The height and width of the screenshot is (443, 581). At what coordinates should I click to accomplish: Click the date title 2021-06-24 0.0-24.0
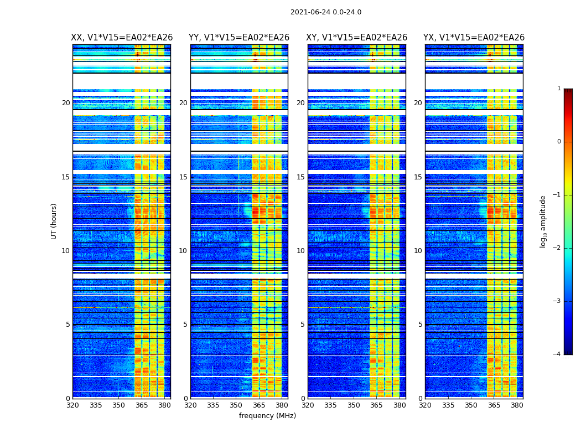pos(325,12)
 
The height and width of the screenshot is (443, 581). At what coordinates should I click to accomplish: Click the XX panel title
pos(122,38)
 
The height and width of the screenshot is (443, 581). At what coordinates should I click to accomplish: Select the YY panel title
pos(239,38)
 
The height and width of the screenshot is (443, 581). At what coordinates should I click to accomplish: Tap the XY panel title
pos(357,38)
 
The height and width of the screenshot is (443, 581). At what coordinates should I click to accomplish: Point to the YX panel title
pos(474,38)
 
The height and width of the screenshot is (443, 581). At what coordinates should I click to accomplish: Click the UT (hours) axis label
pos(54,221)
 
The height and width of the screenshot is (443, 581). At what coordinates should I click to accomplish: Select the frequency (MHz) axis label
pos(267,416)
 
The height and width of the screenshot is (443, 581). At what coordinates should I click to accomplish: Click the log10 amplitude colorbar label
pos(543,221)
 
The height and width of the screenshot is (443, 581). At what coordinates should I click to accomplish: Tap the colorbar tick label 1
pos(558,89)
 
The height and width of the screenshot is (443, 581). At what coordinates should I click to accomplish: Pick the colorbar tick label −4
pos(557,354)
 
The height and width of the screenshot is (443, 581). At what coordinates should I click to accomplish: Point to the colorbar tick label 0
pos(558,142)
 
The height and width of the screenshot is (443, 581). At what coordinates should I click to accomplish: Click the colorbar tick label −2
pos(557,248)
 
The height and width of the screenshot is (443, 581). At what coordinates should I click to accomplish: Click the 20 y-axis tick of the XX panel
pos(66,103)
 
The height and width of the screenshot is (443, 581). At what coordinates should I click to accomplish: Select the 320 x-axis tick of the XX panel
pos(72,405)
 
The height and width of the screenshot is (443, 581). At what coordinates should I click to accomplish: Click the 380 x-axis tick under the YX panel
pos(517,405)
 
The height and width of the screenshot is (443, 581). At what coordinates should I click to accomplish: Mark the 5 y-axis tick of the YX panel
pos(420,324)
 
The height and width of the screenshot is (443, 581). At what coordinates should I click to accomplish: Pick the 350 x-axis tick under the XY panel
pos(354,405)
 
